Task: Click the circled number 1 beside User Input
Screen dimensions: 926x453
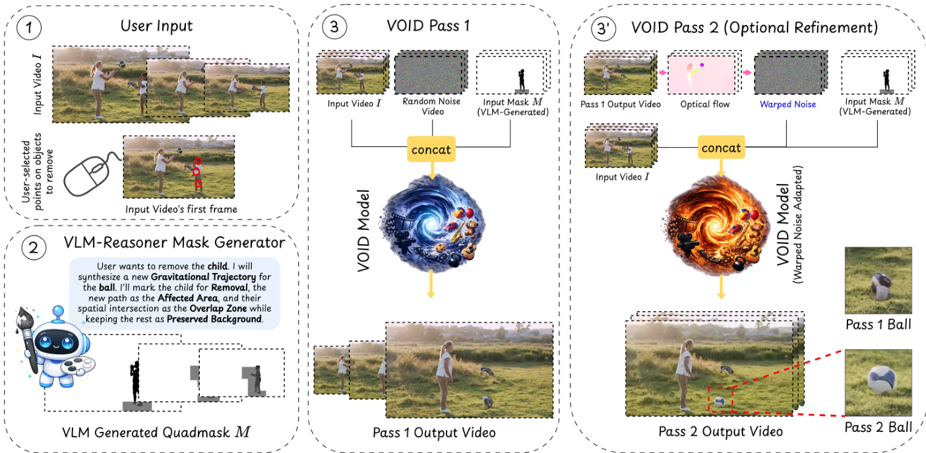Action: pyautogui.click(x=29, y=28)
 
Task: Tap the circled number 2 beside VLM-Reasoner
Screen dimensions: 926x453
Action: pyautogui.click(x=34, y=248)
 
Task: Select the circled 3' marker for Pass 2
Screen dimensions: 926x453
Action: pyautogui.click(x=603, y=28)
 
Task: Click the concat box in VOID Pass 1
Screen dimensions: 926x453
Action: pyautogui.click(x=431, y=149)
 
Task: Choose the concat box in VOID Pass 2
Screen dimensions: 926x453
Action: pyautogui.click(x=722, y=148)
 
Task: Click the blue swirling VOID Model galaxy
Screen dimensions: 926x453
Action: pyautogui.click(x=433, y=224)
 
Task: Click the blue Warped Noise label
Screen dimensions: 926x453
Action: pyautogui.click(x=787, y=104)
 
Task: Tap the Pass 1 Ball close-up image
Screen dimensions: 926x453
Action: pyautogui.click(x=878, y=280)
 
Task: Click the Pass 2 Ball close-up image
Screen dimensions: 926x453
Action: pyautogui.click(x=878, y=382)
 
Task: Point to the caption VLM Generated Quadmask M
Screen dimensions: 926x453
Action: pyautogui.click(x=156, y=433)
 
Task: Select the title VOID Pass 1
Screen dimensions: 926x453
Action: pyautogui.click(x=428, y=26)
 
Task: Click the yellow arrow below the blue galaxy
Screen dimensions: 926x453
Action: pyautogui.click(x=431, y=284)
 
